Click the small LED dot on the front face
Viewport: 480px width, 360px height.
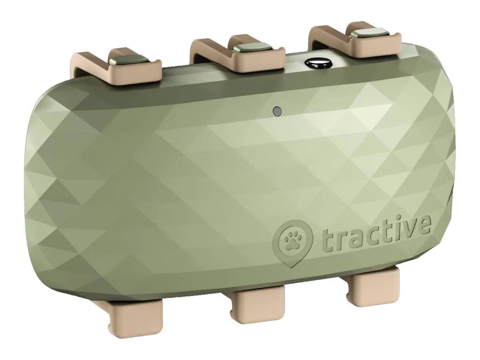coord(277,111)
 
